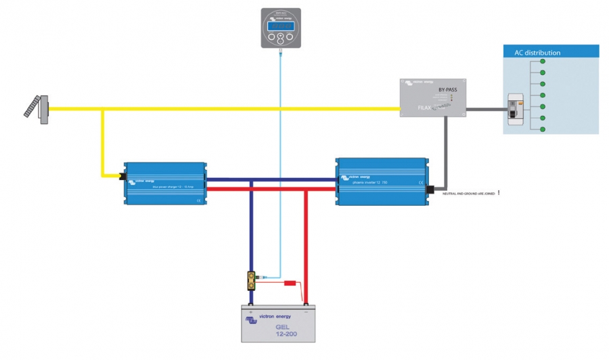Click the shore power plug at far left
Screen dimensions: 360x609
pos(37,108)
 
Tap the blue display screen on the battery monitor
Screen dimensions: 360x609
pos(279,26)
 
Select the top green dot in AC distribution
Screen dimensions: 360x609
pos(542,62)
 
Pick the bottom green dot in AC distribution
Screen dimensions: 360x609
pos(542,129)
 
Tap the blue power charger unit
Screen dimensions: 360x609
pos(164,183)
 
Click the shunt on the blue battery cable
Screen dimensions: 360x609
pos(251,278)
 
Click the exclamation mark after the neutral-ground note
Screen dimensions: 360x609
pos(499,193)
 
